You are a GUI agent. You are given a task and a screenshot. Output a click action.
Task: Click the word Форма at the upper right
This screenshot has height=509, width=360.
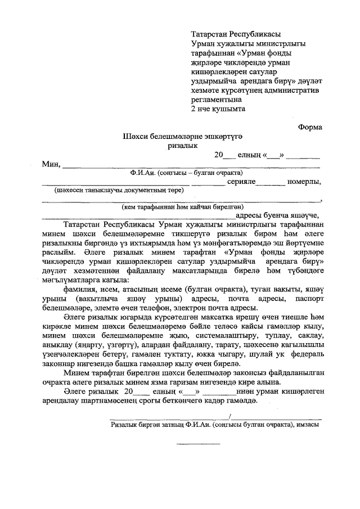click(310, 128)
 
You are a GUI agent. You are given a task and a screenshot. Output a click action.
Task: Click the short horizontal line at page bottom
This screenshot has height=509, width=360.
click(199, 444)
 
